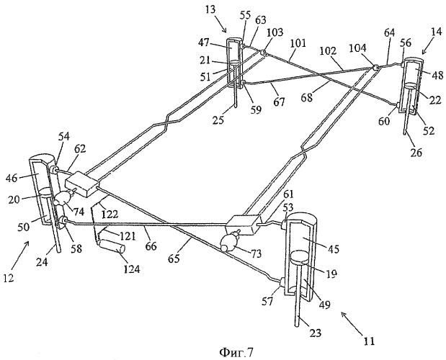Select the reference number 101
(296, 51)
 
